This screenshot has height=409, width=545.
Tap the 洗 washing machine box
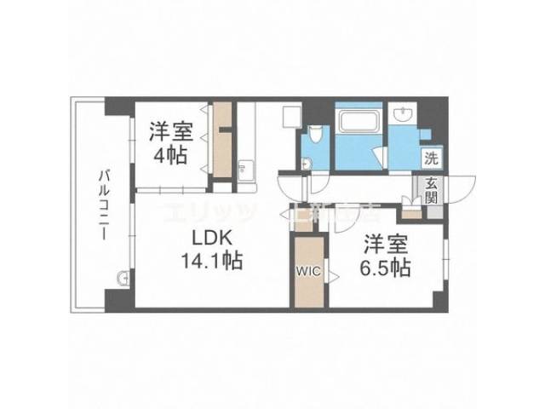tap(432, 158)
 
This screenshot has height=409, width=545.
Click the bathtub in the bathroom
tap(357, 119)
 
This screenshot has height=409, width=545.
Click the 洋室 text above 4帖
tap(170, 132)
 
